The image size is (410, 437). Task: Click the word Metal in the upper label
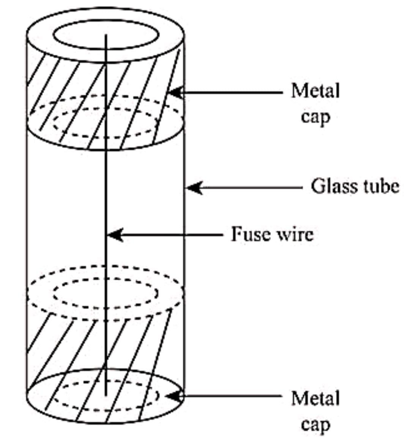pyautogui.click(x=315, y=91)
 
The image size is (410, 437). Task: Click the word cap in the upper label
pyautogui.click(x=315, y=116)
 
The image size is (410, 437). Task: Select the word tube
pyautogui.click(x=380, y=186)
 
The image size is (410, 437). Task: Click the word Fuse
pyautogui.click(x=249, y=234)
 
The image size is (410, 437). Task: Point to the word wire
pyautogui.click(x=295, y=234)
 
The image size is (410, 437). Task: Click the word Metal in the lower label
pyautogui.click(x=315, y=399)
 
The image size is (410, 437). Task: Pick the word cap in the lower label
pyautogui.click(x=315, y=424)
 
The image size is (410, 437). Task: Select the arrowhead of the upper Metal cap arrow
pyautogui.click(x=175, y=92)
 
